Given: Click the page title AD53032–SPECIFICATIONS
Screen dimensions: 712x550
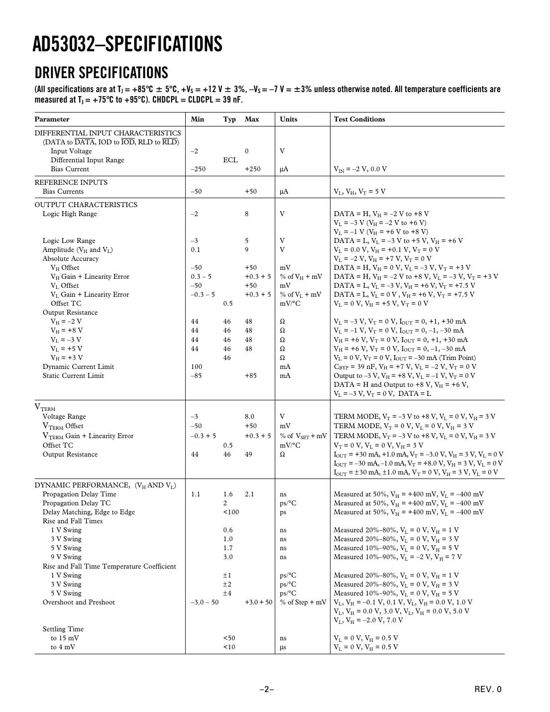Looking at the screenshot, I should (x=127, y=44).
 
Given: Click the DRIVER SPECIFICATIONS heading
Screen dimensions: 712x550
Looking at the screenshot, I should (x=102, y=73).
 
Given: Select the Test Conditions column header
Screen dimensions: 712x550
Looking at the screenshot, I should (x=359, y=119).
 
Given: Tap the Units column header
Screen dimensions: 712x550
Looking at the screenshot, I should (x=288, y=119).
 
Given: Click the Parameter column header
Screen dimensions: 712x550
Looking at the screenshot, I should (x=52, y=119).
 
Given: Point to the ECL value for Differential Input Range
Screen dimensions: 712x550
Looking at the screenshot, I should (x=230, y=160).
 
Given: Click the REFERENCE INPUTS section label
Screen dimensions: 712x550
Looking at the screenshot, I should (x=71, y=183).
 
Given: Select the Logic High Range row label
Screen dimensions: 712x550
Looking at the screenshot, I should (x=70, y=214).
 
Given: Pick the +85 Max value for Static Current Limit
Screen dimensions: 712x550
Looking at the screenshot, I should (x=251, y=376).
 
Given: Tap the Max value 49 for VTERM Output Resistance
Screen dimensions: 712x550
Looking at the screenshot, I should (x=248, y=455).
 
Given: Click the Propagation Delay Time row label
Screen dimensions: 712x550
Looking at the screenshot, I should (x=79, y=494).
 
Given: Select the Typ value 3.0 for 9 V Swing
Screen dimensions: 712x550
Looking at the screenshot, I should (x=228, y=557).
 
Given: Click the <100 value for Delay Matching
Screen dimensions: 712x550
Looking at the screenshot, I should (x=230, y=512).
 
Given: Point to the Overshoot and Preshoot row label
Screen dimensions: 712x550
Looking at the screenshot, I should (x=79, y=602).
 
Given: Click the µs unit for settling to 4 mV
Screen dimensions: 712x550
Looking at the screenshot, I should (x=283, y=647).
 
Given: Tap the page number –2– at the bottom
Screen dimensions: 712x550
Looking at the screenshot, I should (x=266, y=690).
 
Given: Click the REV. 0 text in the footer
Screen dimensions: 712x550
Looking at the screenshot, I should (x=488, y=690).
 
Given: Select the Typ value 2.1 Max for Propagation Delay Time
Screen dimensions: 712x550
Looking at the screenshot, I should (x=249, y=494).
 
